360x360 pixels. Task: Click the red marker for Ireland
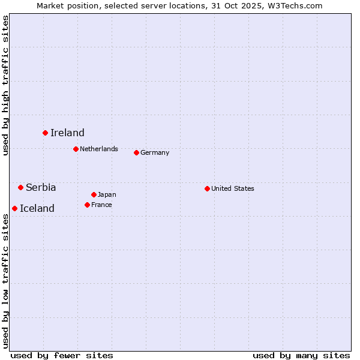[x=45, y=133]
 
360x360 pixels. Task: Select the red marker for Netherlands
[x=76, y=149]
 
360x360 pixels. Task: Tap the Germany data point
[x=136, y=152]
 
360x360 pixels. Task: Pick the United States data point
[x=207, y=188]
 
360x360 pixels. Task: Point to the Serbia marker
[x=20, y=187]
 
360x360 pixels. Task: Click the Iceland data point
[x=14, y=208]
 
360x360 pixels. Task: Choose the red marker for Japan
[x=94, y=194]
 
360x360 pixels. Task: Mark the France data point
[x=87, y=205]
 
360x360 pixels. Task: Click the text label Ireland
[x=67, y=133]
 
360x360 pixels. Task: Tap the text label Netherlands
[x=99, y=149]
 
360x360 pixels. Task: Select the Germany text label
[x=155, y=152]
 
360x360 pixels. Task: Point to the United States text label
[x=233, y=188]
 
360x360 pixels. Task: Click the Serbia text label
[x=41, y=188]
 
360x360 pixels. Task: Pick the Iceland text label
[x=37, y=209]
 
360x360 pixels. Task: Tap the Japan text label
[x=107, y=194]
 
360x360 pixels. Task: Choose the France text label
[x=101, y=205]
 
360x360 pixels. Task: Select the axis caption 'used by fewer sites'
[x=62, y=355]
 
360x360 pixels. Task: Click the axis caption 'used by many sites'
[x=301, y=355]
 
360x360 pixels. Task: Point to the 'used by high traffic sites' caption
[x=5, y=85]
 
